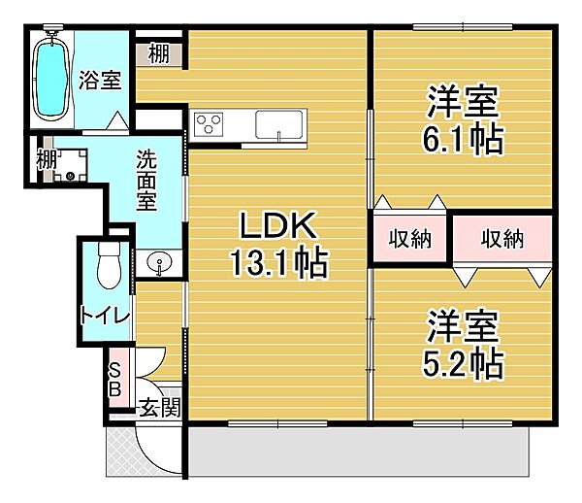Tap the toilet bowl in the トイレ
coord(109,265)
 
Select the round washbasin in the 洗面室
coord(159,262)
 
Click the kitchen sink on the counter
coord(278,125)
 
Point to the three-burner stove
coord(209,124)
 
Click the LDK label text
coord(278,225)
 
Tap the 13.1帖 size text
coord(279,263)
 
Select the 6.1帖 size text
coord(464,139)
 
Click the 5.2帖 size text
coord(464,364)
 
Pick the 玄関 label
coord(160,408)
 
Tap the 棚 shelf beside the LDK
coord(159,54)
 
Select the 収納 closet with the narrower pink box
coord(409,239)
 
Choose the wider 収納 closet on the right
coord(502,239)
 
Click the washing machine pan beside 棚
coord(70,165)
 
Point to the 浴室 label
coord(100,80)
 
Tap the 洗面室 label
coord(146,181)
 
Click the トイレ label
coord(105,316)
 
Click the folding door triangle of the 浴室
coord(118,120)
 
